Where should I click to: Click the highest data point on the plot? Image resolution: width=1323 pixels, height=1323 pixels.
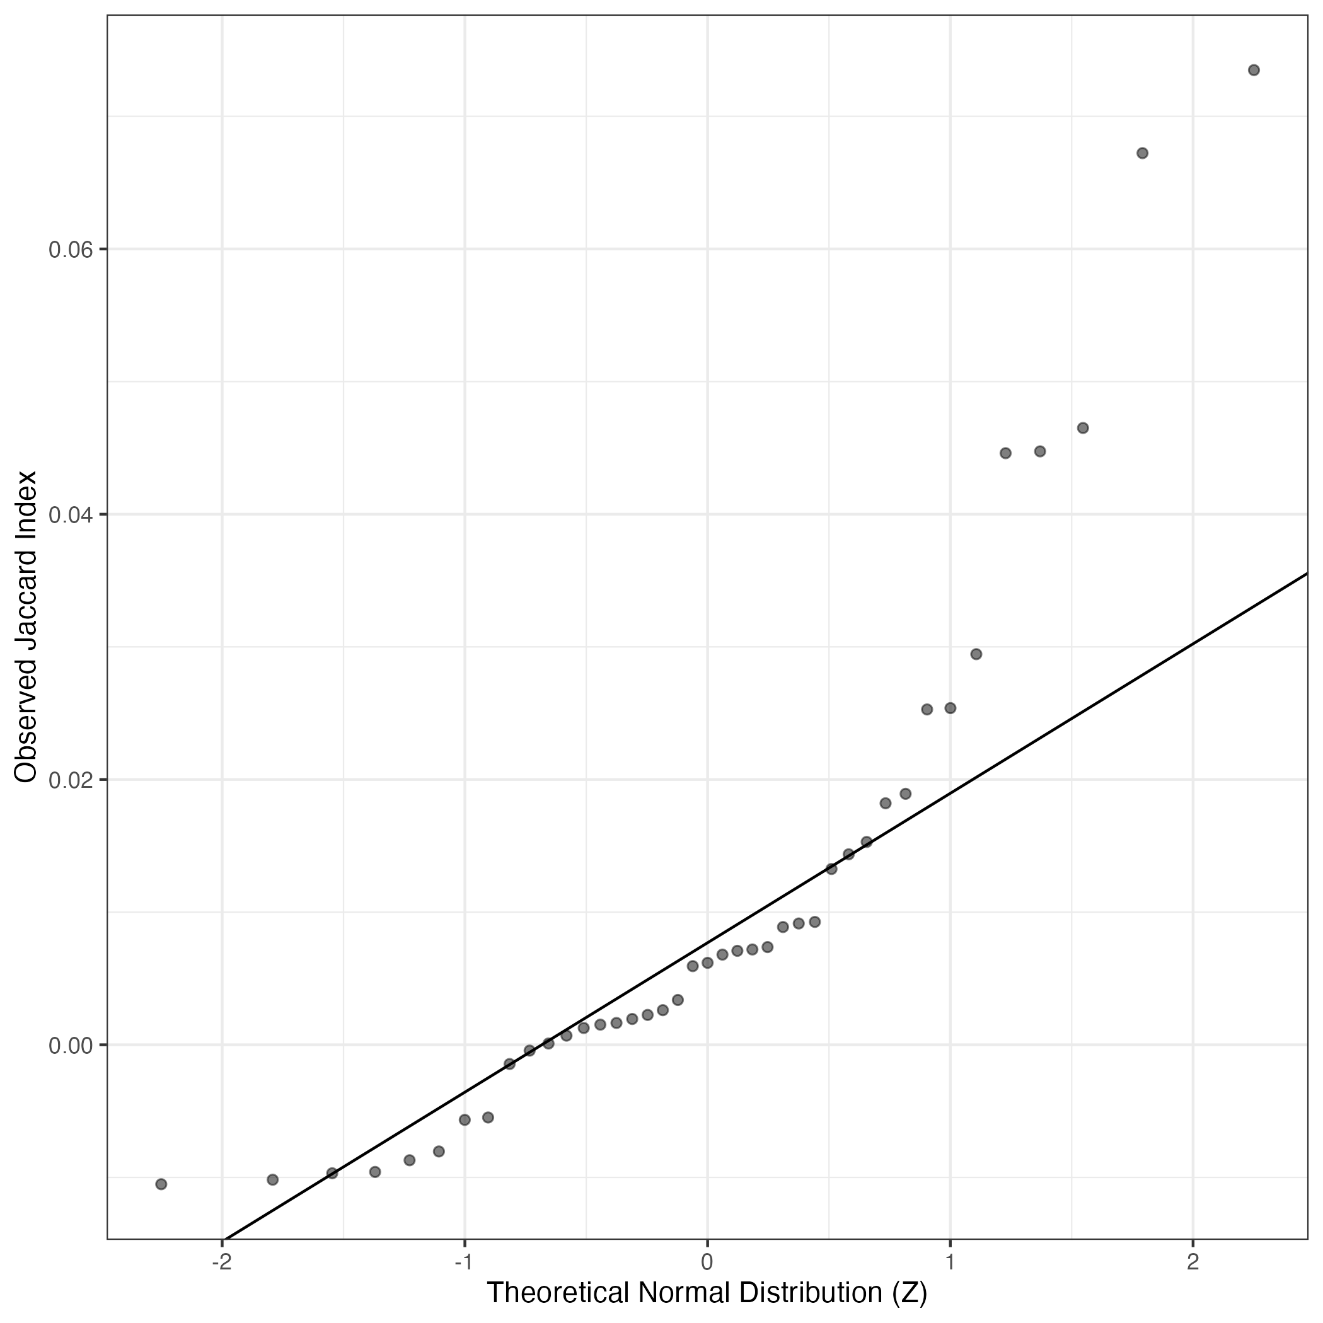click(x=1254, y=70)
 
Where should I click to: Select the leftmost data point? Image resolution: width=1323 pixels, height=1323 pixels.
click(x=161, y=1184)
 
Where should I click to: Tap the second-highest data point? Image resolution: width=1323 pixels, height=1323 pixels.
click(x=1142, y=153)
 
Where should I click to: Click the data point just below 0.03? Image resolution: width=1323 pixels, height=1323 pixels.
click(x=976, y=654)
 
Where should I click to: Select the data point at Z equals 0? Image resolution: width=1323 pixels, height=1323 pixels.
click(x=707, y=963)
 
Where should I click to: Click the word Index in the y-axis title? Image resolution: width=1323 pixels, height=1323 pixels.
click(x=26, y=501)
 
